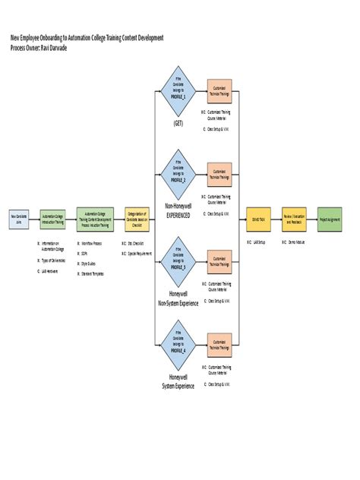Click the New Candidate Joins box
19,219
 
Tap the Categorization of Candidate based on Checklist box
137,219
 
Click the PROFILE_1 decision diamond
178,90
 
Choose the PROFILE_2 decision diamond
178,175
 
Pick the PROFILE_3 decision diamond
178,261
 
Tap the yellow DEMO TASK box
259,219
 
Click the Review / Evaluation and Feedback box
293,219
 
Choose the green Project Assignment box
330,219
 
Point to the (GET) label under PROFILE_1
178,123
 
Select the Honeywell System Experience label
178,381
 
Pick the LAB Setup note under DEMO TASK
258,243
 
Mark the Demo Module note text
295,243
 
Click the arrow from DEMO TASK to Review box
276,219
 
